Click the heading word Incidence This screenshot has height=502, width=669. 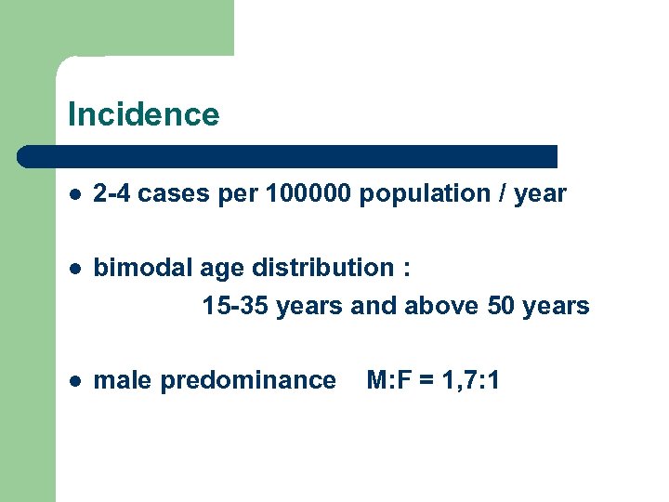coord(143,114)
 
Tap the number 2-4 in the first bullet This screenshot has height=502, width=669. coord(112,193)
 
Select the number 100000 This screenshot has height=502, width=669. coord(308,193)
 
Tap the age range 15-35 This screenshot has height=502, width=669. coord(237,306)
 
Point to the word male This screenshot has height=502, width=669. coord(123,379)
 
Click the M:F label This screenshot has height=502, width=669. coord(391,379)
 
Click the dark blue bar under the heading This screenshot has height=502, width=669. coord(288,155)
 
